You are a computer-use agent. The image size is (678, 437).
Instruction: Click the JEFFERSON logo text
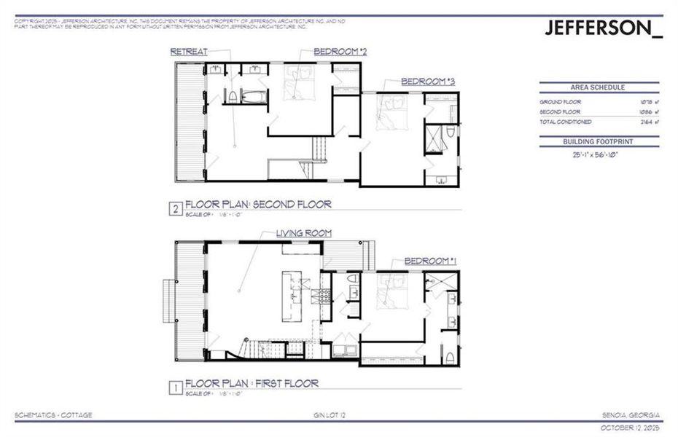(x=604, y=28)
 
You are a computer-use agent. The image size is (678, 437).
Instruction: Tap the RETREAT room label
(x=189, y=52)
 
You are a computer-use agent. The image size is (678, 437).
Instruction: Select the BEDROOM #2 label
(x=340, y=52)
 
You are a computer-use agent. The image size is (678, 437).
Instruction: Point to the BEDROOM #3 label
(x=428, y=82)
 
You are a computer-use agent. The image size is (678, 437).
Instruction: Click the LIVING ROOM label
(x=303, y=233)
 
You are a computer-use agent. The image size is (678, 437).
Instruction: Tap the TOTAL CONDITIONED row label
(x=565, y=122)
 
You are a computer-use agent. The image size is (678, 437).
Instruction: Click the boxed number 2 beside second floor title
(x=175, y=209)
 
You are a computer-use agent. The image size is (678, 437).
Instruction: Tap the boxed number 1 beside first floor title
(x=175, y=387)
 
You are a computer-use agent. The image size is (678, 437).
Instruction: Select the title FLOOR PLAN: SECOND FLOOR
(x=258, y=205)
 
